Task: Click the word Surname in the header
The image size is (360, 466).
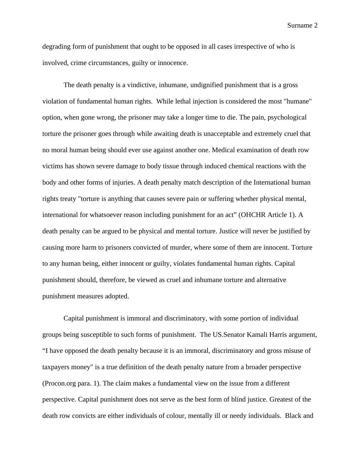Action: point(299,26)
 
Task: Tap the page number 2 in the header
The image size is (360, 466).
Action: point(316,26)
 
